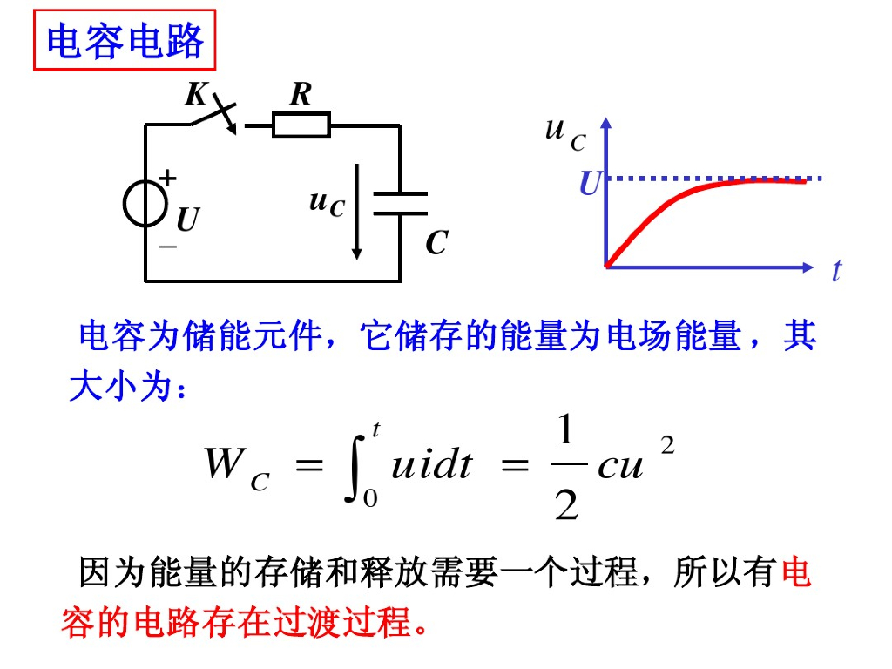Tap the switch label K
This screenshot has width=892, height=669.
click(x=195, y=94)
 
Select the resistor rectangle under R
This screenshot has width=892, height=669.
click(x=301, y=125)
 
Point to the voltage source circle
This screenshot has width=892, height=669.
click(x=145, y=205)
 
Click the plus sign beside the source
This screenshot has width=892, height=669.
click(x=167, y=179)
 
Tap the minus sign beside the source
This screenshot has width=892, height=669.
click(x=167, y=247)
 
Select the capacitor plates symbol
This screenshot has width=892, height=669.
click(x=400, y=204)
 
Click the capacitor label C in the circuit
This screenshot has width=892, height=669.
click(x=436, y=244)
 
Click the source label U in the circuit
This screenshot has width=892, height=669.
click(x=187, y=220)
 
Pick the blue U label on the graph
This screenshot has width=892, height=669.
click(x=590, y=184)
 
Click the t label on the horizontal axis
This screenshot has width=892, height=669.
click(x=836, y=271)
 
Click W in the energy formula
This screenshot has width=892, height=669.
click(x=223, y=464)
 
